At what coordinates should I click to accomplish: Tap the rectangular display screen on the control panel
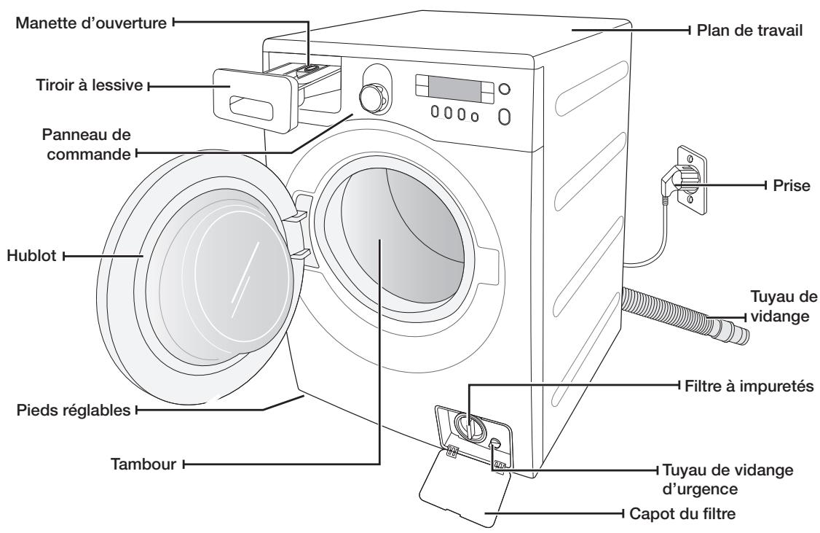click(453, 90)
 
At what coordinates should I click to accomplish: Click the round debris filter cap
click(470, 428)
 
